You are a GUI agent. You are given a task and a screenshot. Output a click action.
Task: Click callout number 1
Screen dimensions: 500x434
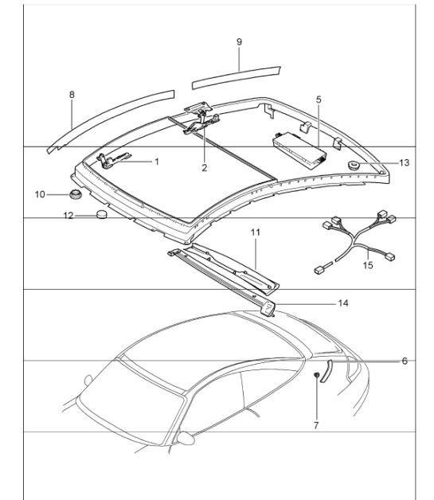[157, 162]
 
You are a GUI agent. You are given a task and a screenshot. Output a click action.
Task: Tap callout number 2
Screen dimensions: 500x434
[204, 168]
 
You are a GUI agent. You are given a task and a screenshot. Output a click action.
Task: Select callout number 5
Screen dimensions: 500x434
[318, 100]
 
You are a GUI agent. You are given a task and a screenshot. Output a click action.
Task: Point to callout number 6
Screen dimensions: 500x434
[405, 361]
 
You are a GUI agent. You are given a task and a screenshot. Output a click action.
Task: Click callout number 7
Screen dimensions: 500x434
[315, 426]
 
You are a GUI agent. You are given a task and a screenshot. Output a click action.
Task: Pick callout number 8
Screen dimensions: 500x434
[72, 95]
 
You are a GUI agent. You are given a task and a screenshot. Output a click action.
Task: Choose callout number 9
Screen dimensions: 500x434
[239, 40]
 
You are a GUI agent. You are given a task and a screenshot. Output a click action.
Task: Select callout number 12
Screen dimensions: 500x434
[68, 215]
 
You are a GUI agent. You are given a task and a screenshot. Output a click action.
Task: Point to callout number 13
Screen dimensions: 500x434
[405, 162]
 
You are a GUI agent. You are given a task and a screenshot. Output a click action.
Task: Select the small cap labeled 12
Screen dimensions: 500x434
[102, 214]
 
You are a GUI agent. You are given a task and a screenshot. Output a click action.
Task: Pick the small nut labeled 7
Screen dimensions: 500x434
[316, 374]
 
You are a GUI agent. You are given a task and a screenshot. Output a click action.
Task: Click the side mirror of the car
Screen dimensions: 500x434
[186, 437]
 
